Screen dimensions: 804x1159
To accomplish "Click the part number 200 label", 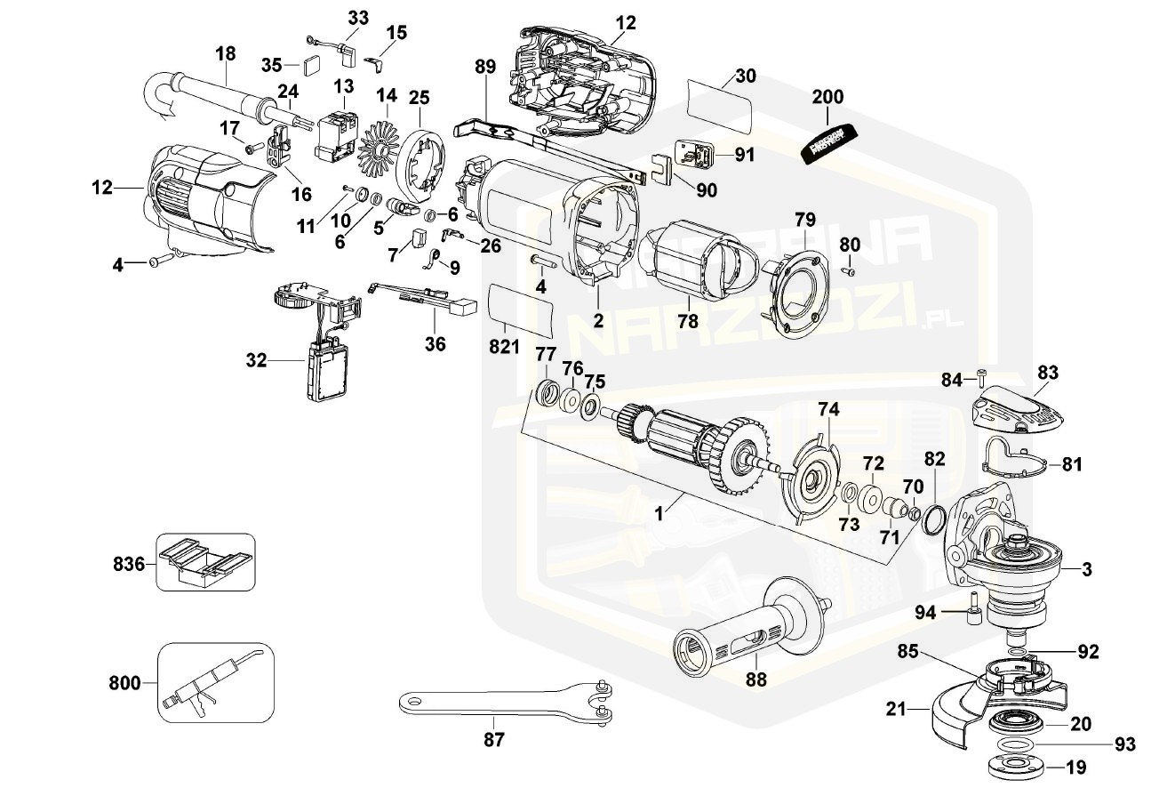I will tap(827, 97).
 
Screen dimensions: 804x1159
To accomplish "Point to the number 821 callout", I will tap(504, 347).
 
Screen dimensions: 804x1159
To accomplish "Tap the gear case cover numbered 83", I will tap(1018, 412).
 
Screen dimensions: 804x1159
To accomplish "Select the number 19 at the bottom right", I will tap(1076, 768).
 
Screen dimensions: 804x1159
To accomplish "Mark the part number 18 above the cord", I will tap(226, 54).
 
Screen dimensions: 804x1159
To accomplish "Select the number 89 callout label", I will tap(484, 66).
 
